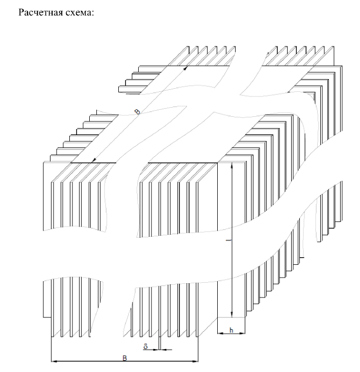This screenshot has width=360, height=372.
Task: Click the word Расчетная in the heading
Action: [40, 13]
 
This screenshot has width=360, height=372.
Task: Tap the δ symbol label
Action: [145, 346]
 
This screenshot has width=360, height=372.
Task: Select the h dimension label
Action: [232, 330]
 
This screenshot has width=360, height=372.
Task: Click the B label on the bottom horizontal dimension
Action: [124, 358]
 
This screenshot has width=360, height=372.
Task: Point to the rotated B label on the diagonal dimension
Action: [137, 112]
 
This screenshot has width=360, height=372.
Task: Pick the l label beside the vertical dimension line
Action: [228, 240]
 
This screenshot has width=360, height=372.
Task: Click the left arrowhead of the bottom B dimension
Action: [54, 361]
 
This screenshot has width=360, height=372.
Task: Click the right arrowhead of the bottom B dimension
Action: [195, 361]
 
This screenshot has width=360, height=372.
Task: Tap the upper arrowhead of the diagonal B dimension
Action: [186, 68]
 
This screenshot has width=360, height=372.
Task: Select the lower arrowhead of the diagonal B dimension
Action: [94, 160]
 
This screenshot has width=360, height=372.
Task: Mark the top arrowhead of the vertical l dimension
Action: [232, 166]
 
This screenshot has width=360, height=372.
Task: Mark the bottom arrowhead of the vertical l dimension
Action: [232, 314]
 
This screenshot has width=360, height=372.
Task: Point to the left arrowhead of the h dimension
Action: [220, 333]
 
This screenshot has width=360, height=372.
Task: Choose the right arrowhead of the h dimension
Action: [242, 333]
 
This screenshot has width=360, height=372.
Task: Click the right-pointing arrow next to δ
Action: [151, 350]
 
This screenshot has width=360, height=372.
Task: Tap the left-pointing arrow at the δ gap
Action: [166, 350]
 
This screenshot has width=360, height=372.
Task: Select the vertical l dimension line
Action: [232, 240]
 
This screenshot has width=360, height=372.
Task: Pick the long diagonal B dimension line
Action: [140, 114]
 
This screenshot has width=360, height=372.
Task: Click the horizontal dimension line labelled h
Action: [232, 333]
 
